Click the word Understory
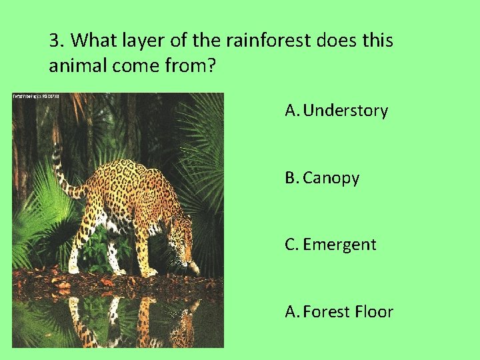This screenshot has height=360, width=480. pos(345,111)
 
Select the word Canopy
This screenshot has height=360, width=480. pos(331,178)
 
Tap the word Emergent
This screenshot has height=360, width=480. pos(339,245)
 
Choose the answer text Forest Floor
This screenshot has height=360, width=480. pos(348,311)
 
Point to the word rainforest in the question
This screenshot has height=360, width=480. pos(268,41)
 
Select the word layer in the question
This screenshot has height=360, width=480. pos(135,41)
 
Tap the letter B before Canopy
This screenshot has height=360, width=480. pos(291,178)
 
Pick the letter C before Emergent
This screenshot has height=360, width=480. pos(291,245)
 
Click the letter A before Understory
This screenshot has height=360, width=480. pos(291,111)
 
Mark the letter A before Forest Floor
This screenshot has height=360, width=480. pos(291,311)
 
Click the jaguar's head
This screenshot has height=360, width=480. pos(181,240)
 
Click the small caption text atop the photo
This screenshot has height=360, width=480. pos(36,97)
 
